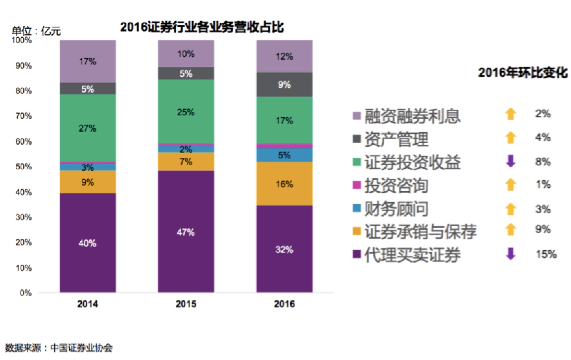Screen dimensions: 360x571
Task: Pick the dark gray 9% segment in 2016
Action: tap(284, 84)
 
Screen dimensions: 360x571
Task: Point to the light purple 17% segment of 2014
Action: tap(88, 61)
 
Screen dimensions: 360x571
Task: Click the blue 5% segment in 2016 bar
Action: tap(284, 155)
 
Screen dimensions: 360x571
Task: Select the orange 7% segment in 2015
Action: tap(186, 161)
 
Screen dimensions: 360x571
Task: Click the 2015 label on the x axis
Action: tap(186, 304)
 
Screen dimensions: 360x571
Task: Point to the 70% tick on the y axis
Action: tap(23, 116)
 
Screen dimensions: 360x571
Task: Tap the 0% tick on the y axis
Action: tap(25, 293)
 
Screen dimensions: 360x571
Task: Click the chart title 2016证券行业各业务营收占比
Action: tap(202, 27)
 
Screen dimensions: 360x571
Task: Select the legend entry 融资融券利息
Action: tap(412, 116)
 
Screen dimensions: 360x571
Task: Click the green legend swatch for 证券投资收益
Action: tap(357, 162)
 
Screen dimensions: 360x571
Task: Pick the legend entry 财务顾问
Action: tap(396, 209)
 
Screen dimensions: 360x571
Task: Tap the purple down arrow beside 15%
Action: tap(511, 254)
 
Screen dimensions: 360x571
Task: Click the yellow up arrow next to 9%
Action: tap(511, 229)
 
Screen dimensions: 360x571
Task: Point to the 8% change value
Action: tap(543, 161)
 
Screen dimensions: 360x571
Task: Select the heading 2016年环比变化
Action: tap(523, 73)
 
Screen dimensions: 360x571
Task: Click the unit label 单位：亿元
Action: tap(36, 31)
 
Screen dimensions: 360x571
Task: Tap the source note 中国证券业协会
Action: tap(81, 348)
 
